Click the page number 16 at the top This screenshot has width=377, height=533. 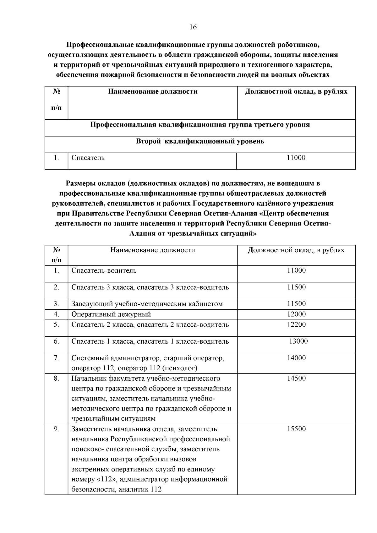click(193, 27)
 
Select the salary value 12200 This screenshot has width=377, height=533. click(296, 324)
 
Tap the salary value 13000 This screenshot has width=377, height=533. click(298, 341)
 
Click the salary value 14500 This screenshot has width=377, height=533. click(296, 378)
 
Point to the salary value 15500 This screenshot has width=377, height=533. click(296, 429)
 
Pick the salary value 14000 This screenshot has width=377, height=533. click(296, 358)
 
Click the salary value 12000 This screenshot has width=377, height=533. click(296, 314)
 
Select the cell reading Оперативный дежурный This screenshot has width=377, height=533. click(111, 314)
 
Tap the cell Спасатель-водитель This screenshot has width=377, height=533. click(104, 270)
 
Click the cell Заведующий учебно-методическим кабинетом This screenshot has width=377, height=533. click(147, 304)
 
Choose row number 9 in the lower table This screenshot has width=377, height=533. click(56, 429)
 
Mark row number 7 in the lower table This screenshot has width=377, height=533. click(56, 358)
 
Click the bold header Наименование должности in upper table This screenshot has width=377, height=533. click(153, 92)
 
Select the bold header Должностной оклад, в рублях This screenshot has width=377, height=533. click(296, 92)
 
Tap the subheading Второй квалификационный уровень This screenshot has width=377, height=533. click(200, 141)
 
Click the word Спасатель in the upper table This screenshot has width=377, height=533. click(88, 158)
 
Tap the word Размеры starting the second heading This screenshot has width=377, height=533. click(80, 183)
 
